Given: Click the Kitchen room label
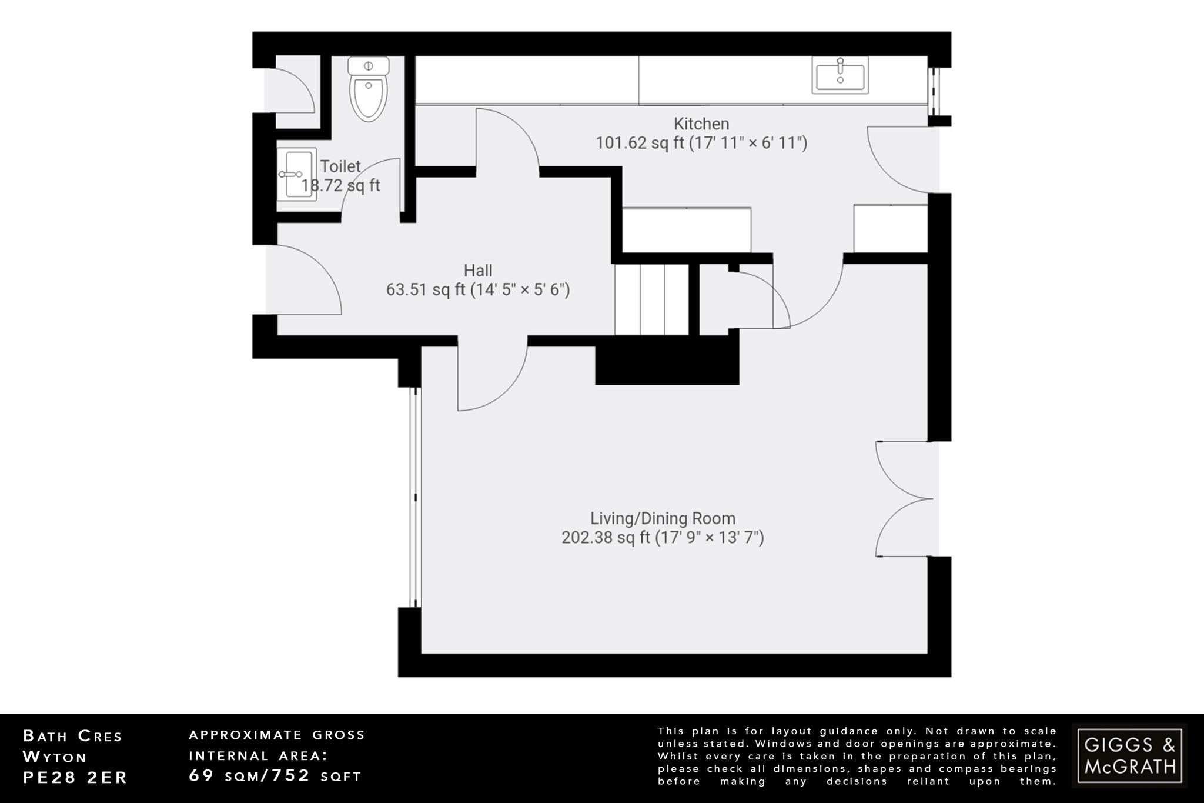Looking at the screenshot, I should click(x=701, y=124).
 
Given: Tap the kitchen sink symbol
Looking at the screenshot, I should click(x=840, y=75).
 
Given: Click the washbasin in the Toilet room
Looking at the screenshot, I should click(x=297, y=174).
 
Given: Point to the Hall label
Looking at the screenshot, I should click(x=477, y=271).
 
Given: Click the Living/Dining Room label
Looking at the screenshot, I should click(x=663, y=518).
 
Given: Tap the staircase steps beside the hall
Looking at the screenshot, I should click(x=651, y=299).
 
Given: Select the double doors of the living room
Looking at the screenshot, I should click(x=902, y=498).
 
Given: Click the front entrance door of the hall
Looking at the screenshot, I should click(x=303, y=279).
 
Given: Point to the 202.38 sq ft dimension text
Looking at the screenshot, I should click(x=663, y=538).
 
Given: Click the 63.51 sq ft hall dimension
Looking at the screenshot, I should click(x=477, y=290).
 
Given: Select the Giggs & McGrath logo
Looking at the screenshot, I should click(x=1129, y=755).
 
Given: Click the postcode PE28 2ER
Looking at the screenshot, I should click(x=75, y=777).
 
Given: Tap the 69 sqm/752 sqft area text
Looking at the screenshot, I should click(x=275, y=776).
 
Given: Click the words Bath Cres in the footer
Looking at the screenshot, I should click(x=72, y=736).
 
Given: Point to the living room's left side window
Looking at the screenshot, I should click(x=416, y=497).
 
